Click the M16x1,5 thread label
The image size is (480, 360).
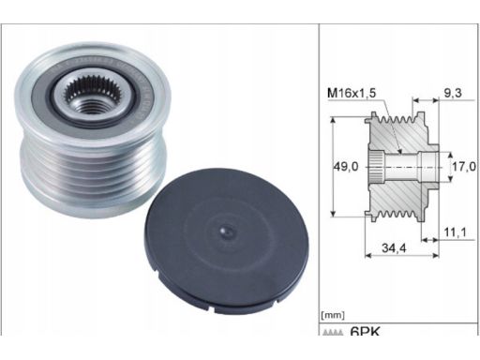point(352,93)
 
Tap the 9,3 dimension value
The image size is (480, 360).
point(453,93)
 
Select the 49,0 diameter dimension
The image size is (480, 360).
point(346,167)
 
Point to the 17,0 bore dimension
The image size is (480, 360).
point(464,166)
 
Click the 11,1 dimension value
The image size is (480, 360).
point(455,232)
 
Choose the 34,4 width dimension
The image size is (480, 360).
point(394,247)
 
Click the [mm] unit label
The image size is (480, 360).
point(333,315)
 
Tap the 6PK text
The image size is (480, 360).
point(365,331)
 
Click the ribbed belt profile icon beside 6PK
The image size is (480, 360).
point(333,333)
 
